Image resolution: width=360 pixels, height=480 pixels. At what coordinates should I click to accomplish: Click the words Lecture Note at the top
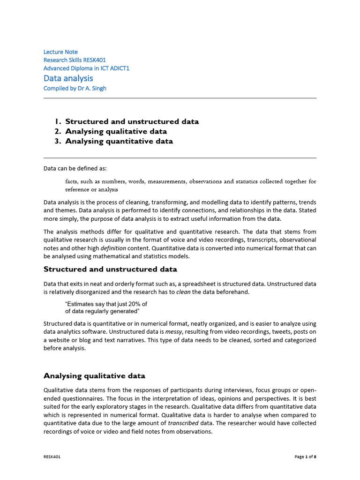(60, 52)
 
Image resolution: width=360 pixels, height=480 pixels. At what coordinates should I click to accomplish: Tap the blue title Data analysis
(68, 78)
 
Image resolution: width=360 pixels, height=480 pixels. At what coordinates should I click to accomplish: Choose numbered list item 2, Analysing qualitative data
(116, 131)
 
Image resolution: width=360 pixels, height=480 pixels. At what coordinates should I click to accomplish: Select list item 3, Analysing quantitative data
(119, 141)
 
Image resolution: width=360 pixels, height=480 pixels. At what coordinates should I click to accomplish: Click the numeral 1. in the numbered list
(58, 121)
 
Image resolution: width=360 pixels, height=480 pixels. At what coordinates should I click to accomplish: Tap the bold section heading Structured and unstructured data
(110, 269)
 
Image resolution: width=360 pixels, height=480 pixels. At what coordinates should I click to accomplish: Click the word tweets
(269, 332)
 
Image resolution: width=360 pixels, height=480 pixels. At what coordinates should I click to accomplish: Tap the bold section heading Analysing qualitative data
(94, 375)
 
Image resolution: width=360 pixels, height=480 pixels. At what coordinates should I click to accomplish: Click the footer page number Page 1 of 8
(305, 457)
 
